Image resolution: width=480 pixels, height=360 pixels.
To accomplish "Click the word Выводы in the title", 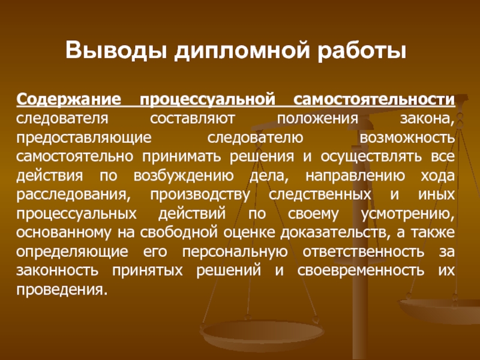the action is pos(116,50).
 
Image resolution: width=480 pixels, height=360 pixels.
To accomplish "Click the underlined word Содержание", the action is pos(69,100).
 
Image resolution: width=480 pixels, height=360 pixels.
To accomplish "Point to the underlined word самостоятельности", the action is pos(374,99).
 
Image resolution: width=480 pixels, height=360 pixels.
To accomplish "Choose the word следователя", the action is pos(62,118).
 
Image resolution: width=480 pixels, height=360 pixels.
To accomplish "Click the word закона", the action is pos(427,119).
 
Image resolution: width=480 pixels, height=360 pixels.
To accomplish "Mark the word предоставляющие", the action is pos(84,138).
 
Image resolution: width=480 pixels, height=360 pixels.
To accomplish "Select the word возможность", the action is pos(407,137).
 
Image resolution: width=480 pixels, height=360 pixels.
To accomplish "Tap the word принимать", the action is pos(182,157).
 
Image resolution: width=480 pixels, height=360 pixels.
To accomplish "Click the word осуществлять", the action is pos(371,157).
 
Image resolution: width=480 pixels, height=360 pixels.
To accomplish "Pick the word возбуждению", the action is pos(184,176).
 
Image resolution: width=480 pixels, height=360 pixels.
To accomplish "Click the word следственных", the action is pos(320,194).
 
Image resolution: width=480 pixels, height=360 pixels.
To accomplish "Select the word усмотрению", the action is pos(408,214).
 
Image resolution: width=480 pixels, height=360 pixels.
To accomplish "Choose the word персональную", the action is pos(235,252).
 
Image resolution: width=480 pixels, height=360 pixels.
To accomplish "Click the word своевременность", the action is pos(361,271).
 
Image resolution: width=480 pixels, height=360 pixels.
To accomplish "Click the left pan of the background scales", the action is pos(262,332).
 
